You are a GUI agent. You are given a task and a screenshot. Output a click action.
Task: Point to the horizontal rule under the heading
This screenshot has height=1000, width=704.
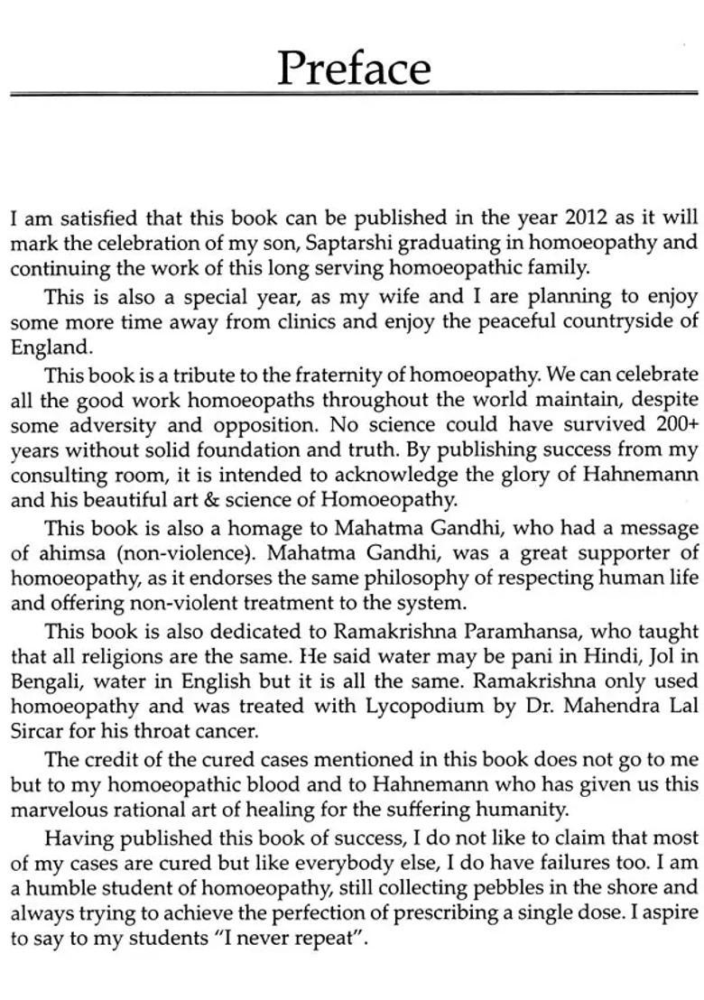(353, 92)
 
